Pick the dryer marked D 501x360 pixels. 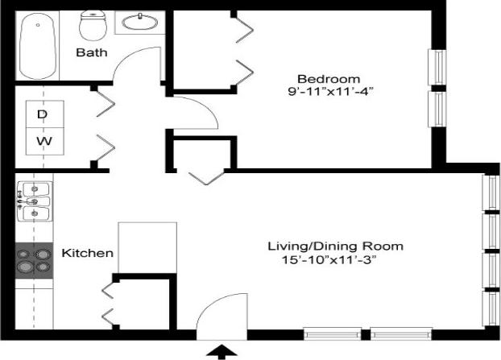42,114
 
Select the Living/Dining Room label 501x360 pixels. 335,246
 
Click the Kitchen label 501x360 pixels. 88,253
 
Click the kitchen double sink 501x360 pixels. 34,202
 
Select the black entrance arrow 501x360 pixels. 224,351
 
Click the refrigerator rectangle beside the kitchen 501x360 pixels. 147,247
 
